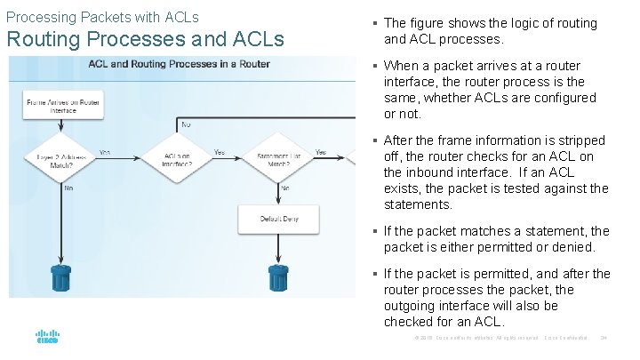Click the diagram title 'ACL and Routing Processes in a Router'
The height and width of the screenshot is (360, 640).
(x=178, y=64)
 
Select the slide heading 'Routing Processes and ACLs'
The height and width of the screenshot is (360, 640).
(x=145, y=40)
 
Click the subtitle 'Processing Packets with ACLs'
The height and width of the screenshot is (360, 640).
(x=102, y=17)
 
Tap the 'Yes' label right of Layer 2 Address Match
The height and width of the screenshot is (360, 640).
(x=105, y=152)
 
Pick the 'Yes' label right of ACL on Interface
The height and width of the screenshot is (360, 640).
(x=219, y=152)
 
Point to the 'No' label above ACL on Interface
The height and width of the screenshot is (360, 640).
(x=186, y=125)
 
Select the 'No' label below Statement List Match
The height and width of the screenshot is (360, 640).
(x=284, y=188)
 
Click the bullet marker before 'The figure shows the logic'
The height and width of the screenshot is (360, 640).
(x=377, y=24)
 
